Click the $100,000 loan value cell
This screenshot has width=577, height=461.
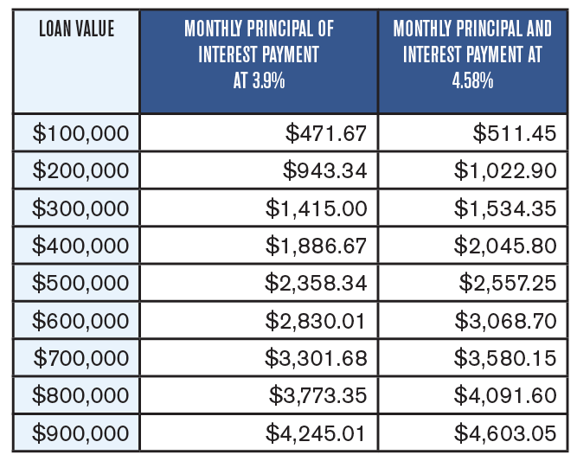click(x=80, y=133)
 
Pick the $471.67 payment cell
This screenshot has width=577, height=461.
click(x=326, y=133)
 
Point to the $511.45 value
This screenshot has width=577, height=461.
click(x=515, y=133)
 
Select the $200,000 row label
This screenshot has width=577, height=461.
click(x=80, y=170)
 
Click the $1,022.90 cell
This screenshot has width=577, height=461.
click(x=504, y=170)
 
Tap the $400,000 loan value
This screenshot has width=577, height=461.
click(x=80, y=246)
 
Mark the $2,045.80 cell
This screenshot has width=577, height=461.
click(x=504, y=246)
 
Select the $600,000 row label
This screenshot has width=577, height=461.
click(x=80, y=320)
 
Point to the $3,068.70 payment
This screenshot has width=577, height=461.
click(x=504, y=320)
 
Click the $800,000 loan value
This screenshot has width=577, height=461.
click(x=80, y=395)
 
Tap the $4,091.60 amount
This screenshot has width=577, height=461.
click(x=504, y=395)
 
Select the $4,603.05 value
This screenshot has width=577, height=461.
click(x=504, y=432)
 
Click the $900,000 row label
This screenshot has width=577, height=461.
click(x=80, y=432)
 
